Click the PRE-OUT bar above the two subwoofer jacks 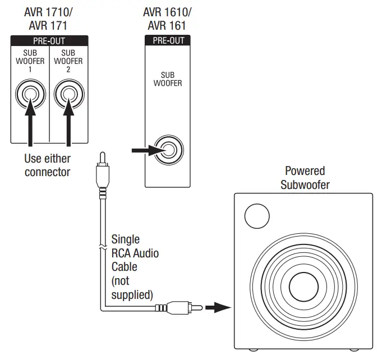(x=49, y=40)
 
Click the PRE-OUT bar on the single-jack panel (x=168, y=40)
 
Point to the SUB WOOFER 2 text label (x=68, y=61)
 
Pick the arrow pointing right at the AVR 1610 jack (x=144, y=150)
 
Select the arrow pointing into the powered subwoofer (x=218, y=307)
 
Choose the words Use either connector (x=47, y=165)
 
